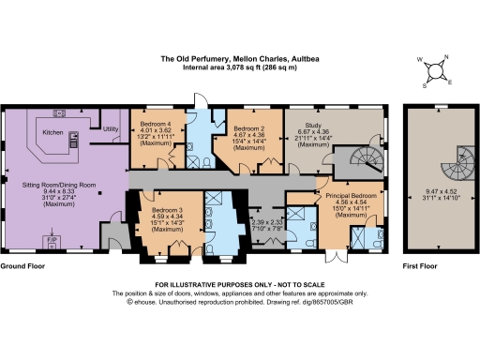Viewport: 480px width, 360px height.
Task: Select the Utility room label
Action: (111, 127)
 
